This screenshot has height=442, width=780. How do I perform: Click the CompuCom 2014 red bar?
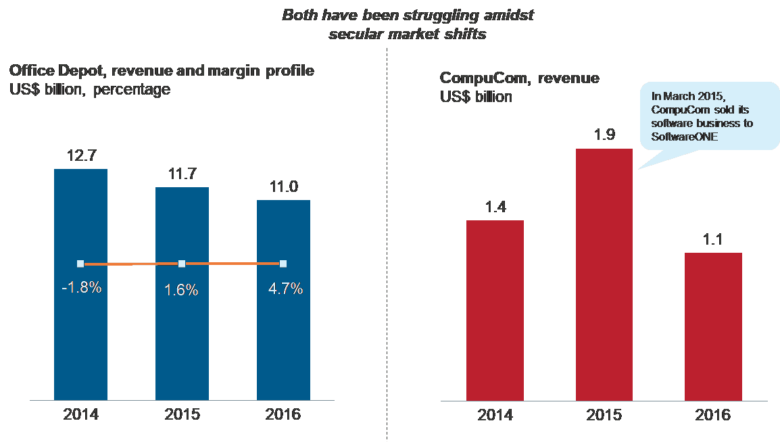(x=495, y=311)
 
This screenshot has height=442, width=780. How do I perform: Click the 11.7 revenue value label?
(x=182, y=174)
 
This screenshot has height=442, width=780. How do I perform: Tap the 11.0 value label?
(x=283, y=187)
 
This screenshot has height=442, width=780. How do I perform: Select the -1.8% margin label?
(x=81, y=287)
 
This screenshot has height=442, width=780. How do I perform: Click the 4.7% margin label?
(x=285, y=289)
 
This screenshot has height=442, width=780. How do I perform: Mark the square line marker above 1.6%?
(x=182, y=264)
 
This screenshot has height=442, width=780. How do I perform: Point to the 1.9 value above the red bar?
(x=604, y=135)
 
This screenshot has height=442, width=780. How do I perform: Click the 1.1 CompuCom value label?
(x=713, y=240)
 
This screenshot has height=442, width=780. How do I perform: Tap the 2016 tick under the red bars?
(x=713, y=414)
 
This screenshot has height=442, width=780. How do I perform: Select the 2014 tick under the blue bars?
(x=80, y=413)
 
